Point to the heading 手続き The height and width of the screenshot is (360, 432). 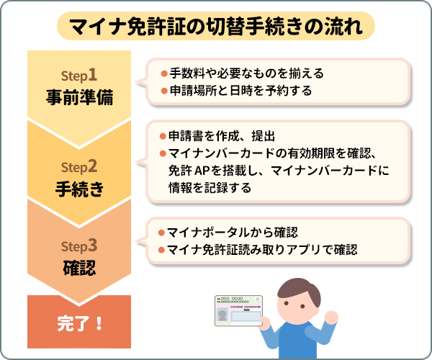[79, 189]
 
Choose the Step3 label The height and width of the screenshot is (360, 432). [79, 247]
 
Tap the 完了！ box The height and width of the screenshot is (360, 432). [79, 322]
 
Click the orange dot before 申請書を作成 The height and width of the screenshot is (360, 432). [163, 137]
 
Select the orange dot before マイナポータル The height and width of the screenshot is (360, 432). [163, 233]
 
